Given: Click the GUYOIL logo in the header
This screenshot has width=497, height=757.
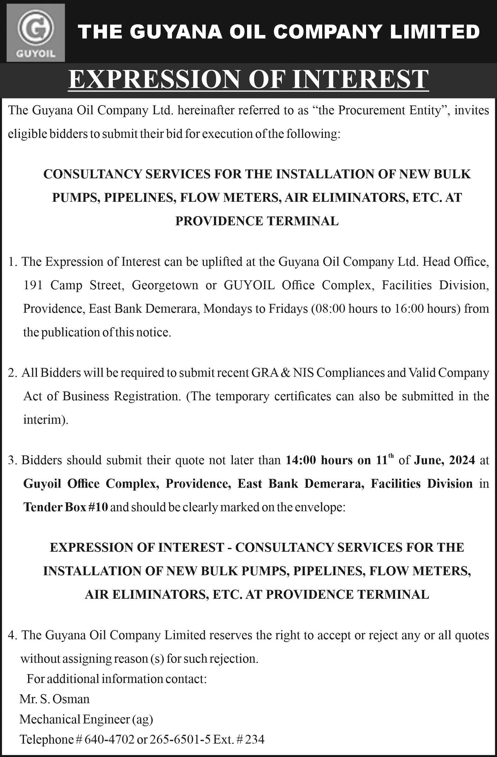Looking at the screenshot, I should pos(36,32).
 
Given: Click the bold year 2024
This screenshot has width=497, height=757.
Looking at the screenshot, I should pos(460,461).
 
